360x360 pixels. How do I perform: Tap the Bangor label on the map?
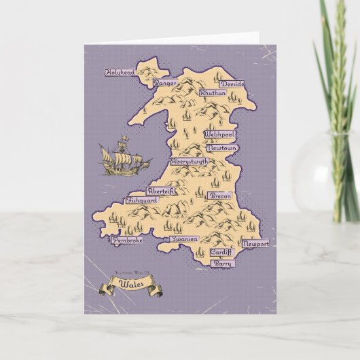click(x=165, y=83)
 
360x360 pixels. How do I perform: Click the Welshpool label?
click(x=219, y=134)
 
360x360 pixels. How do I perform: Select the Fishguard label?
click(x=142, y=201)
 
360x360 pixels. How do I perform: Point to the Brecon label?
click(x=221, y=195)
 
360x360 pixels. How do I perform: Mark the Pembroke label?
click(x=128, y=239)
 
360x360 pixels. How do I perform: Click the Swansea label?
click(x=183, y=240)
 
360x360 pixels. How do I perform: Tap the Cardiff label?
click(x=221, y=251)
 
